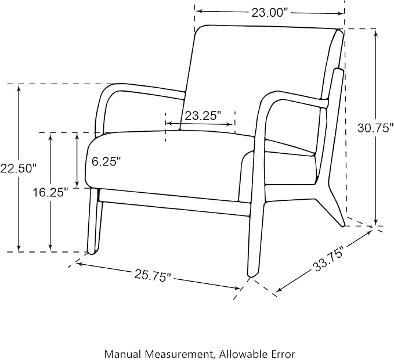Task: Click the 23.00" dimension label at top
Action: [x=271, y=13]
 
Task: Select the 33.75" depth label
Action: [x=329, y=260]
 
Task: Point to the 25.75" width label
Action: [x=153, y=276]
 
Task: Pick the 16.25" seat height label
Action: [x=50, y=193]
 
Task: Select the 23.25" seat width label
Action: [x=203, y=116]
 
